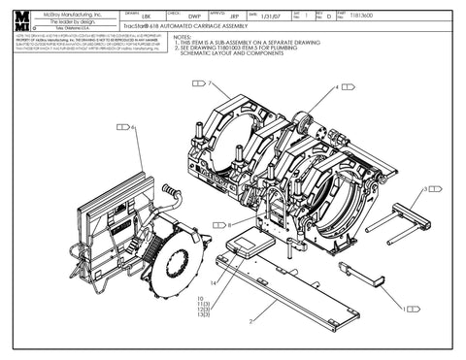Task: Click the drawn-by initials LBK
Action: [146, 16]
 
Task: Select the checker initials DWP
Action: [194, 16]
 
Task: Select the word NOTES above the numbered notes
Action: [184, 37]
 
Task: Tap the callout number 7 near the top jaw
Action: [208, 84]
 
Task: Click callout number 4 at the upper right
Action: [336, 87]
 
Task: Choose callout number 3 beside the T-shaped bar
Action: [426, 189]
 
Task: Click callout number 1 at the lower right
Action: [402, 309]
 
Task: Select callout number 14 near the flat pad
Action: [215, 282]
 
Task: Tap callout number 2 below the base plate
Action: [250, 319]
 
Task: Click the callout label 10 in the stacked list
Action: [199, 299]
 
